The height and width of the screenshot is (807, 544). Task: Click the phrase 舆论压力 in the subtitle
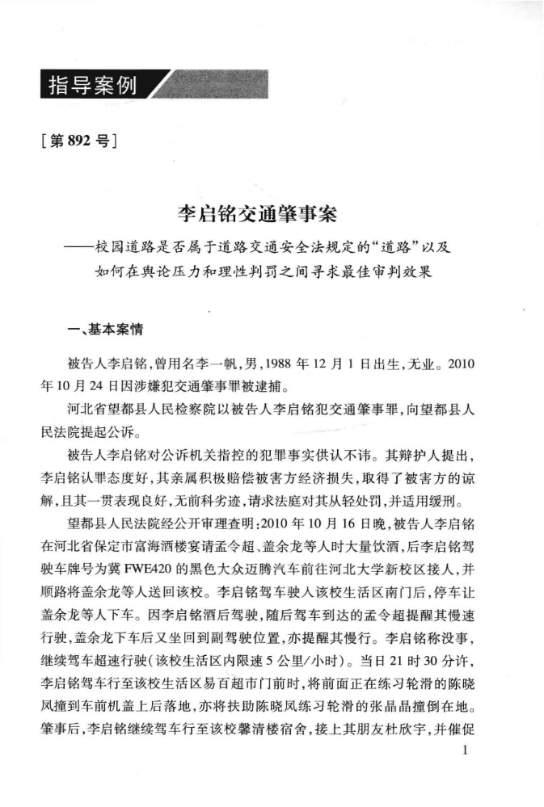pyautogui.click(x=185, y=271)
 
